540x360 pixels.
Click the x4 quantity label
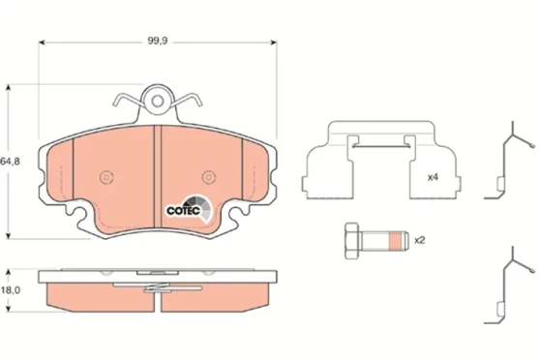pos(433,178)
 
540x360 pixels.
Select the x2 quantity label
pos(420,240)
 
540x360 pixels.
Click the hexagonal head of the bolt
pos(352,239)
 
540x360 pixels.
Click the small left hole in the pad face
pos(105,176)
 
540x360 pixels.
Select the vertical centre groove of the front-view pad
pos(158,165)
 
